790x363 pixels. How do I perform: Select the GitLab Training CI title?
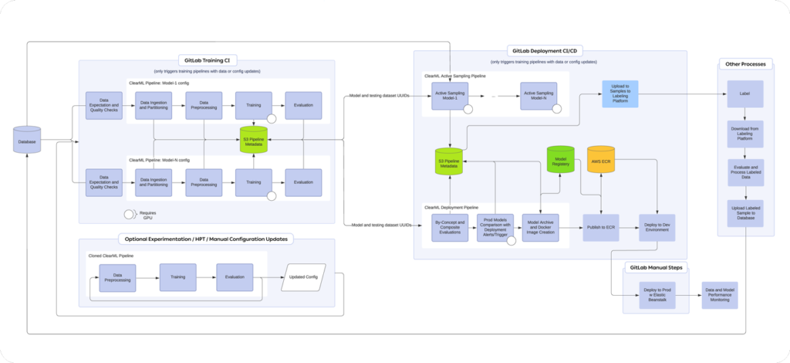coord(208,59)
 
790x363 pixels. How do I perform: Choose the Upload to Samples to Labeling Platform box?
coord(620,93)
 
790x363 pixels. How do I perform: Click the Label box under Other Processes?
coord(745,93)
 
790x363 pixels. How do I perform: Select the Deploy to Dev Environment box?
coord(657,228)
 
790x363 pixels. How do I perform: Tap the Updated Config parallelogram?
coord(303,276)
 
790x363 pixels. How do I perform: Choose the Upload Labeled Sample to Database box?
coord(745,214)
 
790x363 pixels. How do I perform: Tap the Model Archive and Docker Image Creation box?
coord(540,228)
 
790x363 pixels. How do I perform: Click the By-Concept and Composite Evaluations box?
coord(451,228)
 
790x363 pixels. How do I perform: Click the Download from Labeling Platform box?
coord(745,133)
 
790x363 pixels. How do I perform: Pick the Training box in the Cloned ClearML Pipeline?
coord(177,276)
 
